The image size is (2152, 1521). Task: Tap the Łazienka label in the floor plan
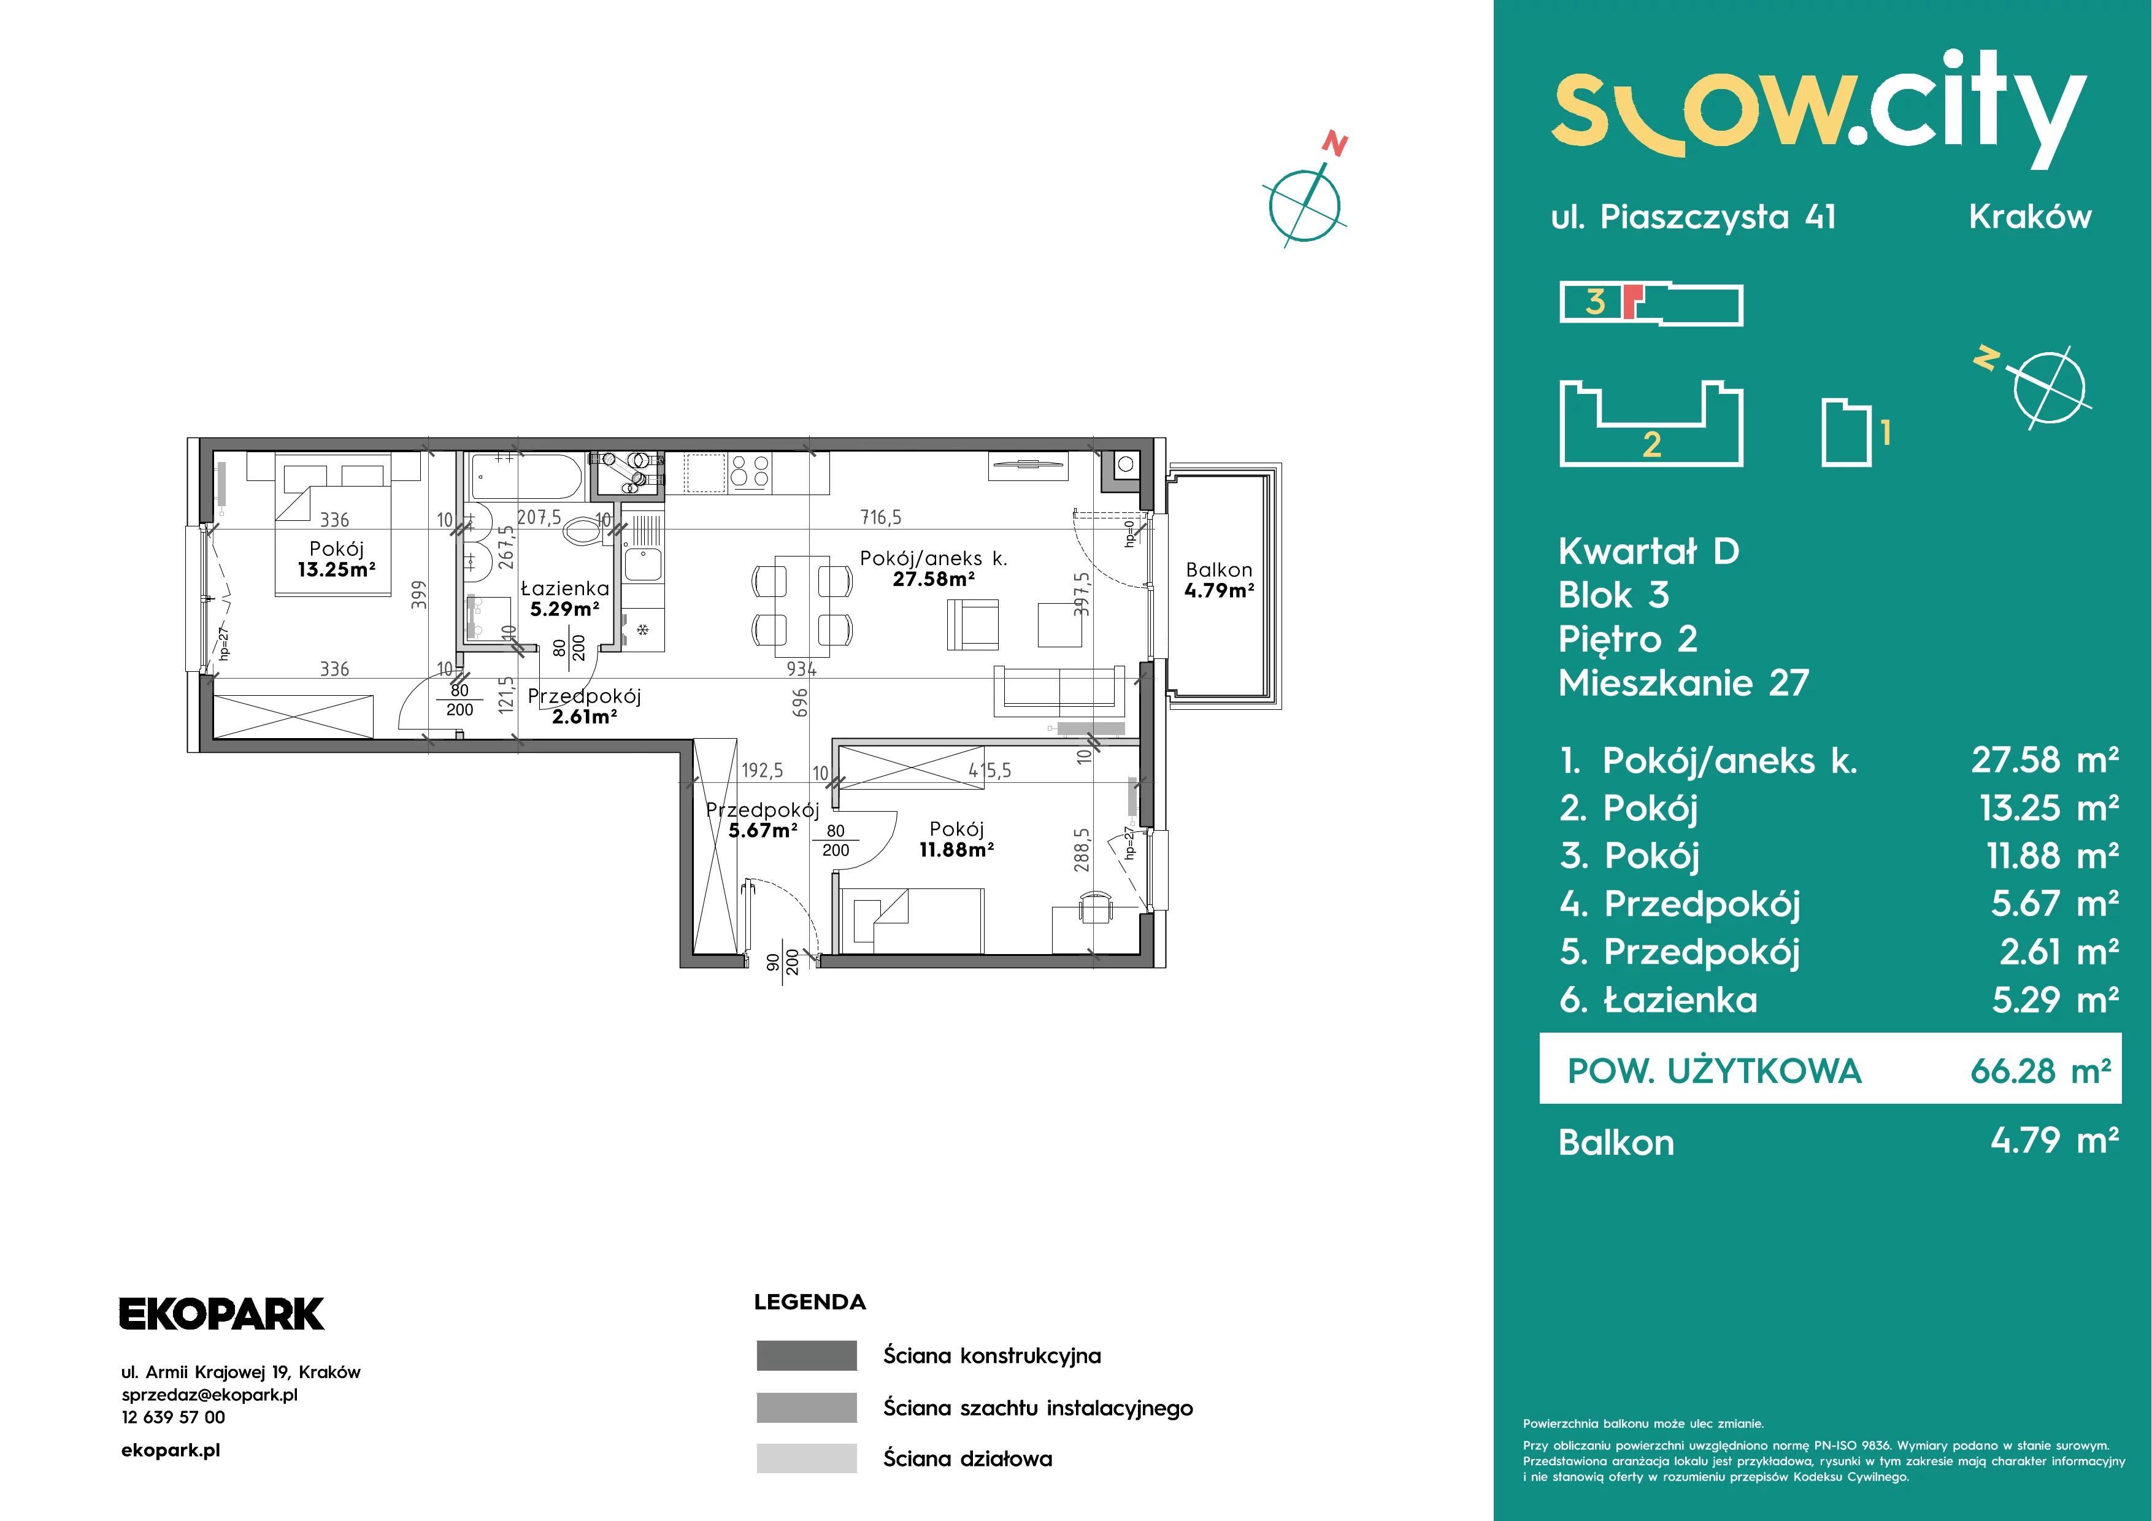click(564, 588)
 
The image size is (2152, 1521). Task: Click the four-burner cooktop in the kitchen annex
click(750, 471)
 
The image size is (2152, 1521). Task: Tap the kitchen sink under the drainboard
click(643, 565)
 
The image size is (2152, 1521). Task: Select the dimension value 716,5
click(881, 517)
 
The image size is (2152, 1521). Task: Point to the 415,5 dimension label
click(990, 771)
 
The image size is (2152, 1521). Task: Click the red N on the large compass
click(1335, 144)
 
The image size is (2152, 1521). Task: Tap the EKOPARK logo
click(222, 1314)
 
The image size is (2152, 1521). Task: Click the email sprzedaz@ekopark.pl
click(210, 1395)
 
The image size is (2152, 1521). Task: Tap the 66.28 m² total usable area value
click(2040, 1070)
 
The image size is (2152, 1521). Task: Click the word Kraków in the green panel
click(2030, 217)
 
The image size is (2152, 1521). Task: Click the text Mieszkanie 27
click(1683, 682)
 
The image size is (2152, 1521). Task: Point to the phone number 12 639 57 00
click(174, 1417)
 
